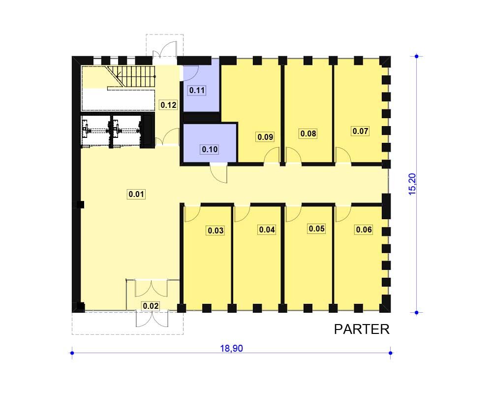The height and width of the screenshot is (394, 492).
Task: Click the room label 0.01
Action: pyautogui.click(x=136, y=194)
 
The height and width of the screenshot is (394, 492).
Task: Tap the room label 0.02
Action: pyautogui.click(x=151, y=306)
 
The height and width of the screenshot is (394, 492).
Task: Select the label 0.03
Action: pyautogui.click(x=215, y=230)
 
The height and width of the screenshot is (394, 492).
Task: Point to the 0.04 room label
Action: pyautogui.click(x=267, y=230)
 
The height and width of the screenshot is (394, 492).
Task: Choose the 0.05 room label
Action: pyautogui.click(x=316, y=229)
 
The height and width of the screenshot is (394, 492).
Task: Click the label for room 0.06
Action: pyautogui.click(x=364, y=230)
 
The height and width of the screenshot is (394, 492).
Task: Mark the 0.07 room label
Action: pyautogui.click(x=360, y=131)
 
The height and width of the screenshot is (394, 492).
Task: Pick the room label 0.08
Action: pyautogui.click(x=308, y=133)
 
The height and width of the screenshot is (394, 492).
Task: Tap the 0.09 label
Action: pyautogui.click(x=265, y=137)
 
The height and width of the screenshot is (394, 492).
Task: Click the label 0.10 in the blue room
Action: pyautogui.click(x=210, y=149)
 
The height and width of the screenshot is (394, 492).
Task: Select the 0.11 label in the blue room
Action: pyautogui.click(x=197, y=91)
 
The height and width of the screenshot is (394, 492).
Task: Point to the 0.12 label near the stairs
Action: pyautogui.click(x=168, y=104)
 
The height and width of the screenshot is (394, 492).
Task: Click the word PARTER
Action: pyautogui.click(x=362, y=329)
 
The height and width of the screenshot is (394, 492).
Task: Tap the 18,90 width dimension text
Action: pyautogui.click(x=232, y=348)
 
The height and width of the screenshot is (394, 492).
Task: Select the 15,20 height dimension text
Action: pyautogui.click(x=412, y=184)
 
